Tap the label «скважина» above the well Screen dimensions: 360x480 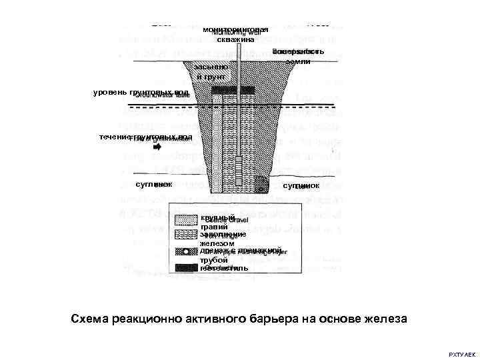(235, 40)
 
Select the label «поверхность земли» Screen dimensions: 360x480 (298, 56)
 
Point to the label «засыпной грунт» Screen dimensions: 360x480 (211, 72)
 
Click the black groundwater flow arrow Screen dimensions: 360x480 (157, 148)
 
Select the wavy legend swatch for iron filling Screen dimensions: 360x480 (186, 235)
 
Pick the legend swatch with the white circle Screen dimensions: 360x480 (186, 252)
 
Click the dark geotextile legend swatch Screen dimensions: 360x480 (186, 268)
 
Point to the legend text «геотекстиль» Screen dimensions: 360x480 (223, 268)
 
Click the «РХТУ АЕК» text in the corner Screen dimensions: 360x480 (462, 353)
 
